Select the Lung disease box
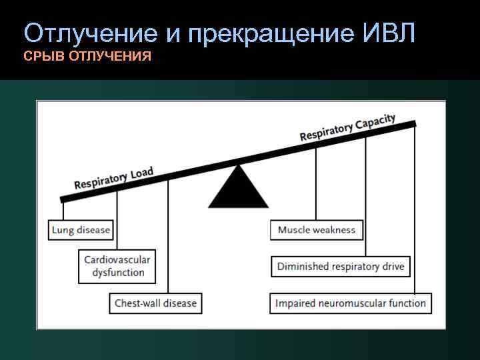[x=81, y=231]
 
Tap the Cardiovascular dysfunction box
[x=117, y=266]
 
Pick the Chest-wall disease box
[x=155, y=303]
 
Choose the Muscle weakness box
[x=317, y=230]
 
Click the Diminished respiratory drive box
[x=341, y=267]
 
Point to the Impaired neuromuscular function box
[x=351, y=303]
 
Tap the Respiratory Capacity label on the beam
[x=347, y=128]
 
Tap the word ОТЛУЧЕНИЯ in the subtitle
[x=110, y=57]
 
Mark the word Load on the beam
[x=141, y=173]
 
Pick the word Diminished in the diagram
[x=303, y=267]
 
